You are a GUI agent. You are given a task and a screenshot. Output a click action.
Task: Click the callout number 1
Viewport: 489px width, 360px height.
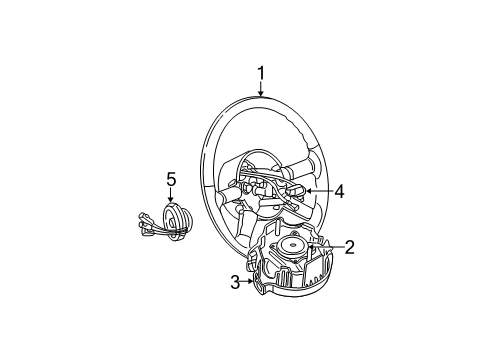click(x=261, y=72)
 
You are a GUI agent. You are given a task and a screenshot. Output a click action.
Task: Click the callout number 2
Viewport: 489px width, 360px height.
click(x=349, y=246)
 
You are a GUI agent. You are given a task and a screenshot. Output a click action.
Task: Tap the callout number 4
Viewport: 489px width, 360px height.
click(x=340, y=190)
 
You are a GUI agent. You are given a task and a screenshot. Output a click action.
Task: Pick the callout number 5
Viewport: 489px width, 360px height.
click(x=171, y=179)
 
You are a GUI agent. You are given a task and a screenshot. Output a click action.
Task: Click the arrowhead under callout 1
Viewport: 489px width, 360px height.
click(x=261, y=94)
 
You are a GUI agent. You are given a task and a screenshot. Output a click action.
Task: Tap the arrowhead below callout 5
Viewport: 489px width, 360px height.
click(x=171, y=200)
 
